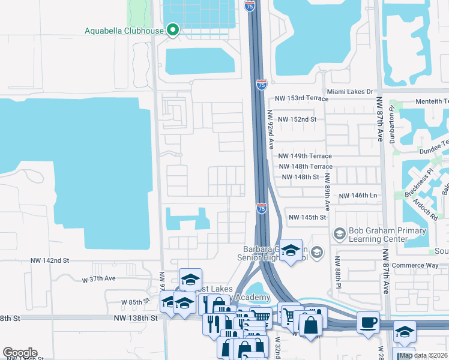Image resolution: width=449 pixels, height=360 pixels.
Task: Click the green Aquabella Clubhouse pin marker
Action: pyautogui.click(x=173, y=30)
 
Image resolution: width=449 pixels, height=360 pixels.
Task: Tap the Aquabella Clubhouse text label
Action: pyautogui.click(x=125, y=31)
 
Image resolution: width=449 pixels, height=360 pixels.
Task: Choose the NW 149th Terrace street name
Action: pyautogui.click(x=305, y=156)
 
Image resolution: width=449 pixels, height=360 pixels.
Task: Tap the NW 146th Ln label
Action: pyautogui.click(x=357, y=196)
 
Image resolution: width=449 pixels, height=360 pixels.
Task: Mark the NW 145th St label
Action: pyautogui.click(x=307, y=217)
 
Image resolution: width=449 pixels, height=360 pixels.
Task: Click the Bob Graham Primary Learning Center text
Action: pyautogui.click(x=388, y=236)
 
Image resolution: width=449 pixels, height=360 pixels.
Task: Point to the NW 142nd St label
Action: pyautogui.click(x=50, y=260)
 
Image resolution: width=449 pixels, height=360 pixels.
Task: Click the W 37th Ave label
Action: pyautogui.click(x=99, y=279)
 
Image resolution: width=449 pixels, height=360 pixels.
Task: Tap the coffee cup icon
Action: pyautogui.click(x=368, y=323)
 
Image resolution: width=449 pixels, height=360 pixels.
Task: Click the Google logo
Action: pyautogui.click(x=20, y=353)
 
